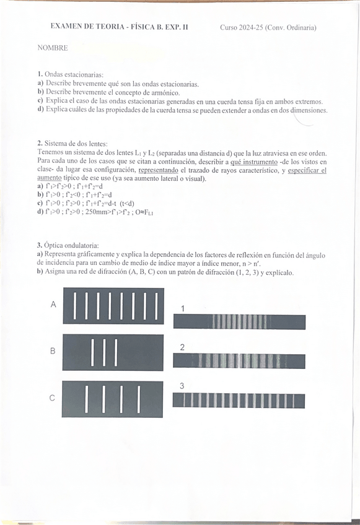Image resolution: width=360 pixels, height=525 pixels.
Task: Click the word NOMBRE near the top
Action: pyautogui.click(x=53, y=48)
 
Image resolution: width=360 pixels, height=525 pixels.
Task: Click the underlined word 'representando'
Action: pyautogui.click(x=159, y=170)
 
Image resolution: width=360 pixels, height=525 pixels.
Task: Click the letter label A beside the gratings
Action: pyautogui.click(x=53, y=305)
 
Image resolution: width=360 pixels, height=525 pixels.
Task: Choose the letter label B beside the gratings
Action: pyautogui.click(x=53, y=351)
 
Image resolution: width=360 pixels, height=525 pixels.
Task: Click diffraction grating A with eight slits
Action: pyautogui.click(x=113, y=305)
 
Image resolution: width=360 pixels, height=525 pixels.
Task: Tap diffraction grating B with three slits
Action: pyautogui.click(x=113, y=352)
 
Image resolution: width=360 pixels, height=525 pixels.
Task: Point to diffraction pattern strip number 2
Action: pyautogui.click(x=239, y=361)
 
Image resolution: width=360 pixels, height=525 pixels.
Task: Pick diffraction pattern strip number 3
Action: pyautogui.click(x=239, y=401)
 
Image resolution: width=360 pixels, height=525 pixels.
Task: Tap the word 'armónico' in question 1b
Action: pyautogui.click(x=162, y=92)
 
